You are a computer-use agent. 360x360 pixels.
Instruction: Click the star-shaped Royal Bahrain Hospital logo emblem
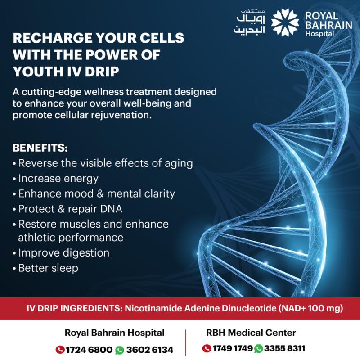pos(285,22)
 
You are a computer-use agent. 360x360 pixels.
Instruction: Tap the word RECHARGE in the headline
pos(52,38)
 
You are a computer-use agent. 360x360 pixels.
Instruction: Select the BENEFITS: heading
pos(40,148)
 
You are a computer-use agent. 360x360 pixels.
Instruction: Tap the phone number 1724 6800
pos(89,350)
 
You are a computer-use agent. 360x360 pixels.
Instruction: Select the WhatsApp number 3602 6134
pos(149,350)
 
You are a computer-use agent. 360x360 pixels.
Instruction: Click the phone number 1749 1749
pos(232,348)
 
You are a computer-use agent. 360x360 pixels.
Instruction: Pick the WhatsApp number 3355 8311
pos(284,348)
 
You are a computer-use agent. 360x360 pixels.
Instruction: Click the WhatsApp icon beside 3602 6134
pos(119,350)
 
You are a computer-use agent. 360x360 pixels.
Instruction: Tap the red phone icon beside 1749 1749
pos(207,348)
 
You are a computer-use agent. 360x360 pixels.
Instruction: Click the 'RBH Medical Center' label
pos(251,333)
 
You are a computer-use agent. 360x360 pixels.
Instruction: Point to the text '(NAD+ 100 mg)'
pos(311,308)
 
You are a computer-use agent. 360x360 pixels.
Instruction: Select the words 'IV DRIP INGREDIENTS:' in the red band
pos(75,308)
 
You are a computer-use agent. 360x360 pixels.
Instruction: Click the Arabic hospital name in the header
pos(249,22)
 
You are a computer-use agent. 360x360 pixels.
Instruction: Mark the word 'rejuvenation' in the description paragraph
pos(121,115)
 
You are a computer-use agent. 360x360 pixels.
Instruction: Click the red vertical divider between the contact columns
pos(185,342)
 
